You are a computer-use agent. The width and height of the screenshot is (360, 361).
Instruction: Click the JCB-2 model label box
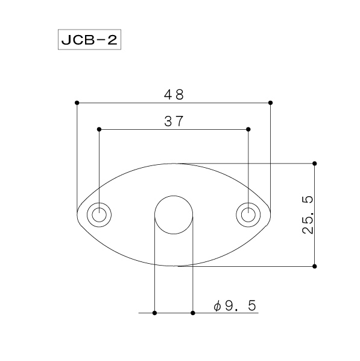89,39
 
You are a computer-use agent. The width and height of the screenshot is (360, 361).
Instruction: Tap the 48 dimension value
174,95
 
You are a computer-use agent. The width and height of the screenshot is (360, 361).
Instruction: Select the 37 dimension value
174,121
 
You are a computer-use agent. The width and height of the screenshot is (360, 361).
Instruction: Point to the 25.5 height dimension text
308,215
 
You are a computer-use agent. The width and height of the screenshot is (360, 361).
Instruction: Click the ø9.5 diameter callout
235,305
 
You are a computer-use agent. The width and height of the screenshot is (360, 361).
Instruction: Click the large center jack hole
174,215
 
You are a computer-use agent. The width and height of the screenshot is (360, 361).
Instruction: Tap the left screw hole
99,215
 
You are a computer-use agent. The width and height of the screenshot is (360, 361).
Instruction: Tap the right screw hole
248,215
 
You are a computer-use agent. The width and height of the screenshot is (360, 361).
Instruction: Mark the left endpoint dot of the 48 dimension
77,103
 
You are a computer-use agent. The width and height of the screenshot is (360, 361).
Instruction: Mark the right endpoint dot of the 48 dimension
271,103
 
